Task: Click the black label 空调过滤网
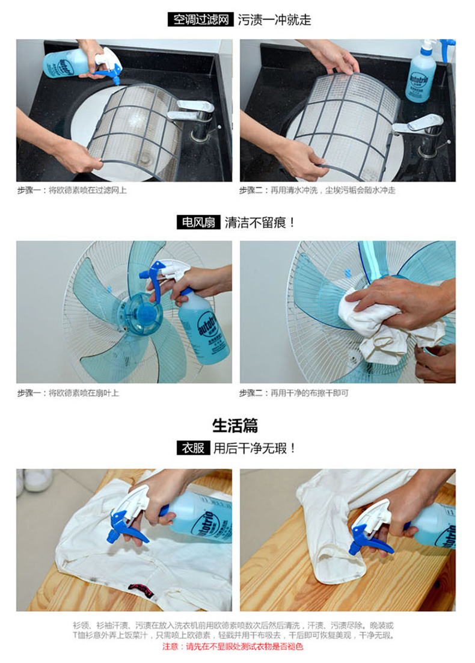coord(200,19)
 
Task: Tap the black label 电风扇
coord(198,222)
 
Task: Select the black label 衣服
coord(193,448)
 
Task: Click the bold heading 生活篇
coord(235,425)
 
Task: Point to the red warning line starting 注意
coord(233,647)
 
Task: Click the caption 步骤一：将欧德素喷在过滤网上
coord(72,190)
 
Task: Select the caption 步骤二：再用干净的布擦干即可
coord(293,393)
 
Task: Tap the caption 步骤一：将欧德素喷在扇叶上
coord(68,393)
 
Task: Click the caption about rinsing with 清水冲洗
coord(317,190)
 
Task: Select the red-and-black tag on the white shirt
coord(141,590)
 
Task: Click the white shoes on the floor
coord(35,480)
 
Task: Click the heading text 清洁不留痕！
coord(260,223)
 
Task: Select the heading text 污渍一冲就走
coord(274,20)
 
